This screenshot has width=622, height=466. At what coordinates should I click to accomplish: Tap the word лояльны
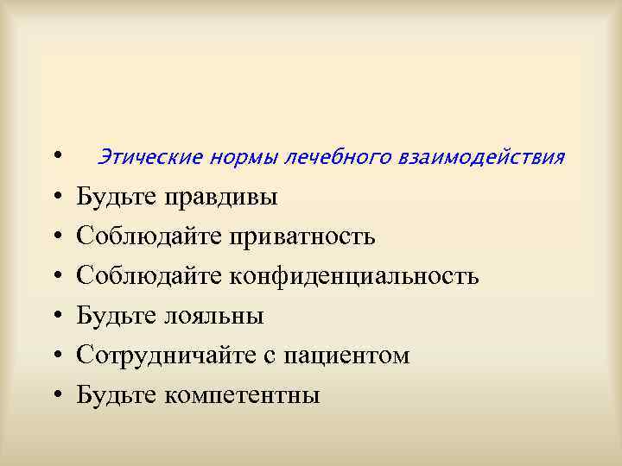pyautogui.click(x=214, y=317)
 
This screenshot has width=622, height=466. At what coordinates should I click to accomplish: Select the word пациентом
pyautogui.click(x=348, y=356)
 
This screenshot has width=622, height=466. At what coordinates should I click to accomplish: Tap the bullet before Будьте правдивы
pyautogui.click(x=56, y=198)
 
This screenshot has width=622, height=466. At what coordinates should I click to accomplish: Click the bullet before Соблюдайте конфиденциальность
pyautogui.click(x=56, y=277)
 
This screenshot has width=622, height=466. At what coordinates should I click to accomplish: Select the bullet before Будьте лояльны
pyautogui.click(x=56, y=317)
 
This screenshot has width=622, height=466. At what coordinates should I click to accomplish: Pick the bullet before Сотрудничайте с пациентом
pyautogui.click(x=56, y=356)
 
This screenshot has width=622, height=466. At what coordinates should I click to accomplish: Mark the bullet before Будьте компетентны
pyautogui.click(x=56, y=396)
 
